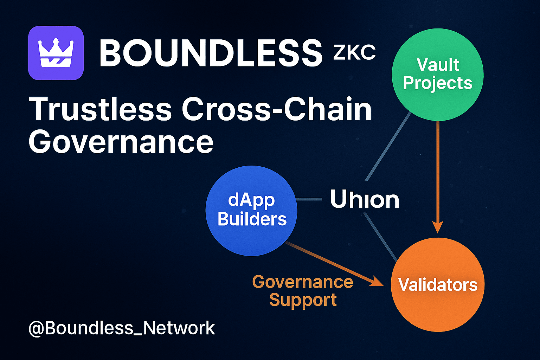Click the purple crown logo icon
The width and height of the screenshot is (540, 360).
pyautogui.click(x=56, y=53)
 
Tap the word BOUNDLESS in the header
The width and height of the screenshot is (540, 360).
pyautogui.click(x=211, y=53)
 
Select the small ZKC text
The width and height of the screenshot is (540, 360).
pyautogui.click(x=354, y=53)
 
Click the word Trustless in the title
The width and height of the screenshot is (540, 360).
pyautogui.click(x=100, y=109)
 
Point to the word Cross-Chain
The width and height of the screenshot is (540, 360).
pyautogui.click(x=277, y=109)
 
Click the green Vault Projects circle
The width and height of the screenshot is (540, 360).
pyautogui.click(x=438, y=74)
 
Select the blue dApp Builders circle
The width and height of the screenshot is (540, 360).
pyautogui.click(x=251, y=210)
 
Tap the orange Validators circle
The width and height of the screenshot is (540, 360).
pyautogui.click(x=438, y=285)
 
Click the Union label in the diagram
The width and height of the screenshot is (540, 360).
pyautogui.click(x=365, y=200)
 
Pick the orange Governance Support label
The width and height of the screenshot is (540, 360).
pyautogui.click(x=303, y=291)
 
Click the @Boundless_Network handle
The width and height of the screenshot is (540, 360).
pyautogui.click(x=122, y=328)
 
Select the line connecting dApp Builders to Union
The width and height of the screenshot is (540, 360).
pyautogui.click(x=309, y=199)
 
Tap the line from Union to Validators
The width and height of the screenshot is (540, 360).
pyautogui.click(x=381, y=237)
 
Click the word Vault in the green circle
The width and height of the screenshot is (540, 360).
pyautogui.click(x=438, y=65)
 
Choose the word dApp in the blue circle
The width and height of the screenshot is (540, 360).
pyautogui.click(x=251, y=200)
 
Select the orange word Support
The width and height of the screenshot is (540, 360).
pyautogui.click(x=303, y=300)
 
